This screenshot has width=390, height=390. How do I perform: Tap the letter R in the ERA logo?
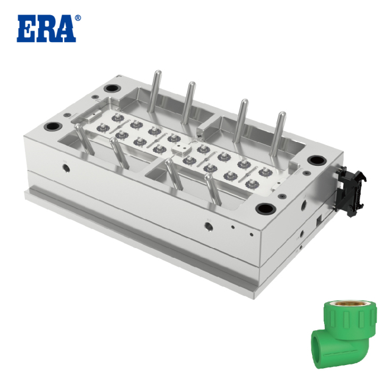[x=46, y=29]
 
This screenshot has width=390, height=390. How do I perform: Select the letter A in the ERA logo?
[x=66, y=29]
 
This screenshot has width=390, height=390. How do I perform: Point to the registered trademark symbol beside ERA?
[x=77, y=19]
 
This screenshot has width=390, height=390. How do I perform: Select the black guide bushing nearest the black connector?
[x=316, y=160]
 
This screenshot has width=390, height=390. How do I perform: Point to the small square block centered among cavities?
[x=181, y=147]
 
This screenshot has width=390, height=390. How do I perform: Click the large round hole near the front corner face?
[x=208, y=227]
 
